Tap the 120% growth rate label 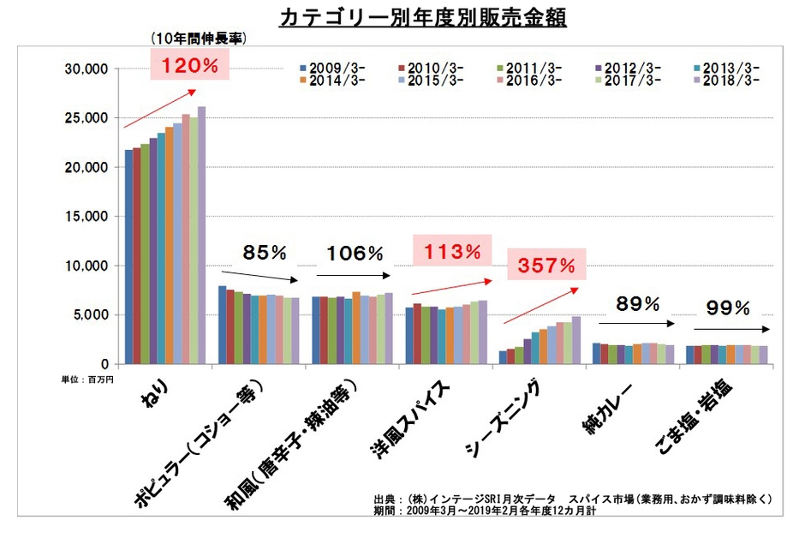point(185,64)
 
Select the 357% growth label point(545,265)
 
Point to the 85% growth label point(264,253)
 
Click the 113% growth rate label point(451,252)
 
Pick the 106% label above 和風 point(355,253)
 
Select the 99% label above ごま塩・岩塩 point(729,307)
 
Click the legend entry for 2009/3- point(326,68)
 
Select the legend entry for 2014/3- point(326,81)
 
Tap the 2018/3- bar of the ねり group point(202,236)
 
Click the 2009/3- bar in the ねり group point(128,257)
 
